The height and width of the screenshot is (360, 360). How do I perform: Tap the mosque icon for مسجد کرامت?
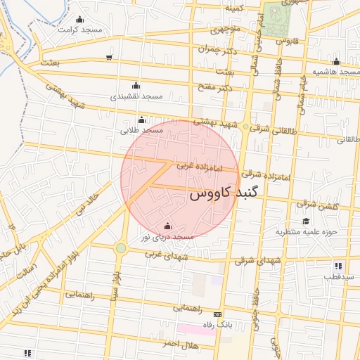click(x=79, y=20)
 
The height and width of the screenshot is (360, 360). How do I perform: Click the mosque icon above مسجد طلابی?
click(x=142, y=120)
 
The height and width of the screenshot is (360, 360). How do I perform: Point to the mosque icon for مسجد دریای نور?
click(x=167, y=226)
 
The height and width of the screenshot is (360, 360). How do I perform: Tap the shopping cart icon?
click(x=108, y=58)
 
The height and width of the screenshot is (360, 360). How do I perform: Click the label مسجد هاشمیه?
click(x=336, y=72)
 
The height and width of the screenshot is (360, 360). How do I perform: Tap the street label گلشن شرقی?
click(x=317, y=205)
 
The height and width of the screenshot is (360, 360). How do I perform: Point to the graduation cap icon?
click(x=306, y=221)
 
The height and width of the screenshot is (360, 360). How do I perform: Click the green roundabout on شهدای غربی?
click(x=121, y=247)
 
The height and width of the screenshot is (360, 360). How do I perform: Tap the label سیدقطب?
click(x=338, y=277)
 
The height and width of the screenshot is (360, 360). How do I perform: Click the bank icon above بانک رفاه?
click(x=217, y=314)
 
